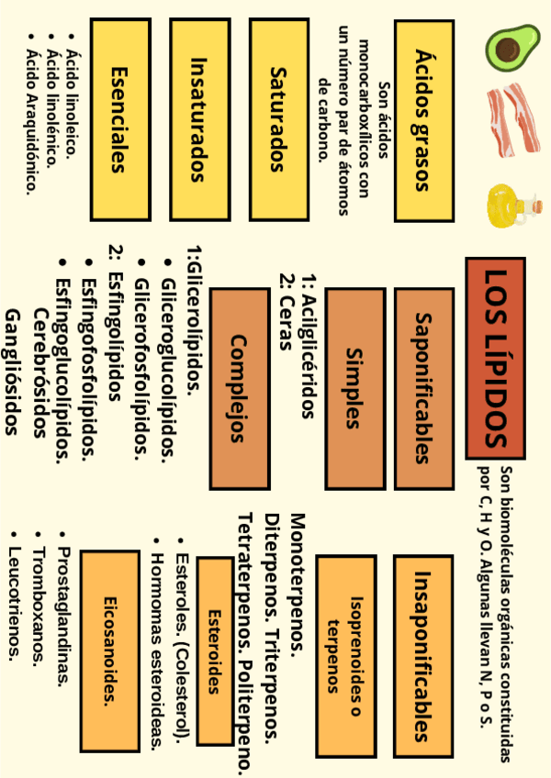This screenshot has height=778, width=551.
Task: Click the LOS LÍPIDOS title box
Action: pyautogui.click(x=495, y=357)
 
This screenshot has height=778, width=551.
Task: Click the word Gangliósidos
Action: pyautogui.click(x=12, y=371)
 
